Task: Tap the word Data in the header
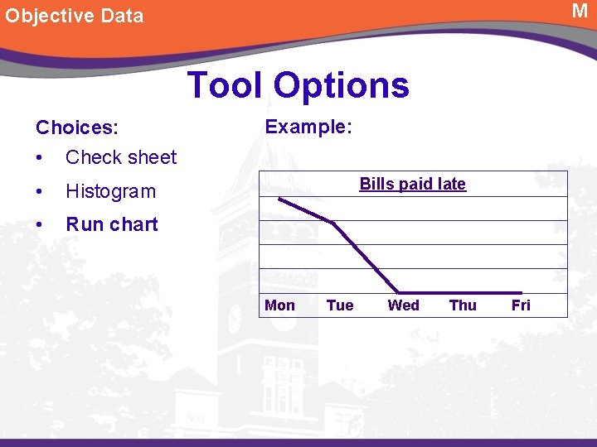click(118, 16)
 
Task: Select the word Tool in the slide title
click(226, 84)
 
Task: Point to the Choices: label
click(76, 127)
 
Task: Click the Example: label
click(308, 127)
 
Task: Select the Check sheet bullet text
click(121, 157)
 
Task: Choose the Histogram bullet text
click(110, 191)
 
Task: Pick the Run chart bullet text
click(111, 224)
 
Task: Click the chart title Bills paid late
click(412, 184)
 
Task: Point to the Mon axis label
click(279, 305)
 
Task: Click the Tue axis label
click(340, 305)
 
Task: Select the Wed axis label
click(403, 305)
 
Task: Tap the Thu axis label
click(463, 305)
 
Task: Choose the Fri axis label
click(521, 305)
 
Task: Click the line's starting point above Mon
click(279, 199)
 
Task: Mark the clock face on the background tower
click(235, 319)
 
